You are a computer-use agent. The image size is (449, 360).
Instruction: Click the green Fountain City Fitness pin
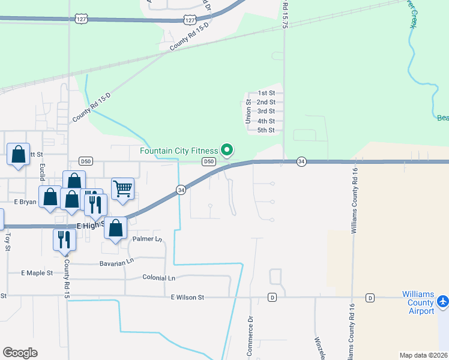coord(227,149)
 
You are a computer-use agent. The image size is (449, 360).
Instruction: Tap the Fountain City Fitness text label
coord(179,151)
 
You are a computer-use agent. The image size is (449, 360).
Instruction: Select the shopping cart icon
coord(122,189)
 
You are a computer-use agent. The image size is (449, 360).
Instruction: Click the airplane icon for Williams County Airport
coord(443,301)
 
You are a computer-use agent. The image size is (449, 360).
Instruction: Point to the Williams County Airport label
coord(418,303)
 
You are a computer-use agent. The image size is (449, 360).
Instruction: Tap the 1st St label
coord(266,93)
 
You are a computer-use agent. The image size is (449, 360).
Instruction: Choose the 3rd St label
coord(266,112)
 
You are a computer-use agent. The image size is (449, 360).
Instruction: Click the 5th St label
coord(266,130)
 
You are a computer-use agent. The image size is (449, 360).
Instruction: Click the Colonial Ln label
coord(159,278)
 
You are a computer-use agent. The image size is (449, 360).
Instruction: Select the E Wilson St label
coord(187,297)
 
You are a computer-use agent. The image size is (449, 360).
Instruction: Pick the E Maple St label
coord(37,273)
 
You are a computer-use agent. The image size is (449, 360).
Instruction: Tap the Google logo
coord(20,353)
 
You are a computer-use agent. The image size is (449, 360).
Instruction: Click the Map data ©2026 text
coord(423,355)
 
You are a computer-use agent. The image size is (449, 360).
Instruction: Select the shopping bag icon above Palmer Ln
coord(116,228)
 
